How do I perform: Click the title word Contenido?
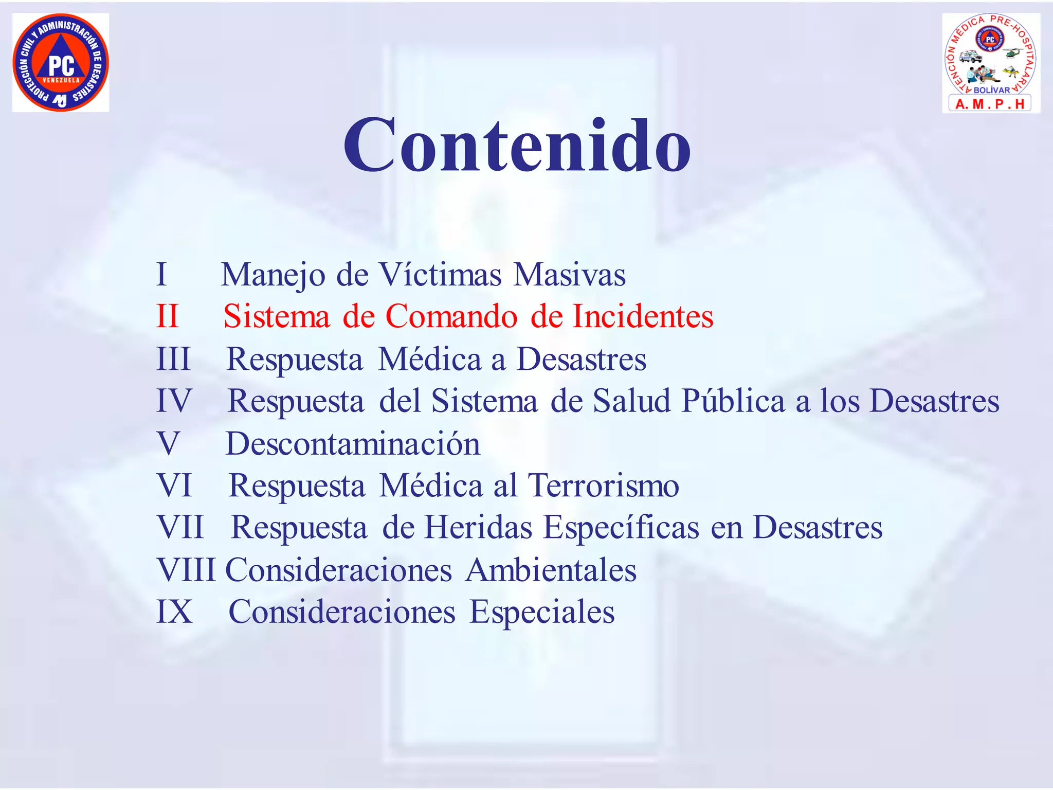pyautogui.click(x=517, y=145)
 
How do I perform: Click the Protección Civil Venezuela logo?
pyautogui.click(x=61, y=63)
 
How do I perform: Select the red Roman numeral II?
pyautogui.click(x=168, y=316)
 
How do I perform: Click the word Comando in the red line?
pyautogui.click(x=451, y=316)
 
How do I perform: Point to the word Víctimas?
pyautogui.click(x=440, y=274)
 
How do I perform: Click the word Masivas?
pyautogui.click(x=569, y=274)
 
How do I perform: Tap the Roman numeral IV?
pyautogui.click(x=174, y=401)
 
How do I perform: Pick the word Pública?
pyautogui.click(x=733, y=401)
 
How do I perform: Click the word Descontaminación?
pyautogui.click(x=353, y=443)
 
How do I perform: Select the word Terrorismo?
pyautogui.click(x=604, y=486)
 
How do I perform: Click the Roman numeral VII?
pyautogui.click(x=180, y=528)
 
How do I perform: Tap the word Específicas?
pyautogui.click(x=621, y=528)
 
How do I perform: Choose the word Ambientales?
pyautogui.click(x=551, y=570)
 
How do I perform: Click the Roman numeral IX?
pyautogui.click(x=174, y=612)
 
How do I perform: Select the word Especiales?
pyautogui.click(x=542, y=612)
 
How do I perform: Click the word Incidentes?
pyautogui.click(x=643, y=316)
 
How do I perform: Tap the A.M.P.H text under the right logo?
pyautogui.click(x=990, y=104)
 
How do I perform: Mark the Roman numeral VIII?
pyautogui.click(x=186, y=570)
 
